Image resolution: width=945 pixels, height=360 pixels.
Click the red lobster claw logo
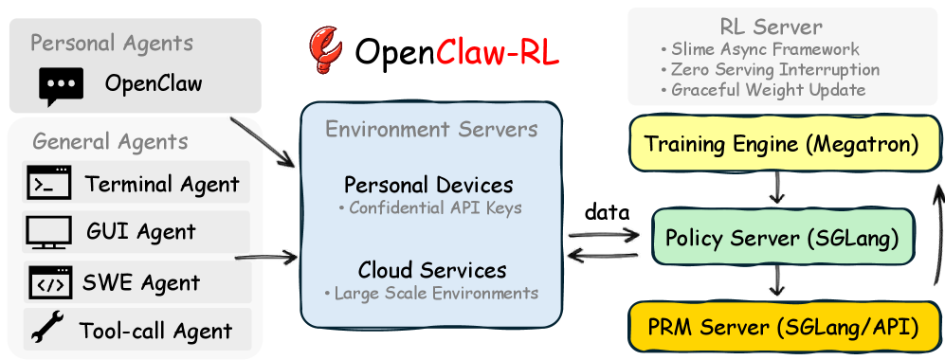pos(326,52)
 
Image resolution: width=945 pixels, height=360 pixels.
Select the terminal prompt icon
pos(48,182)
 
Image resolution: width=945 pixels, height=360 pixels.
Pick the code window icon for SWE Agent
pos(48,281)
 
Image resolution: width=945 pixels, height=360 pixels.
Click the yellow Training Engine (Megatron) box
pos(781,145)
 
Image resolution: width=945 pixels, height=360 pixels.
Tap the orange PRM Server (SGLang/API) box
pos(781,329)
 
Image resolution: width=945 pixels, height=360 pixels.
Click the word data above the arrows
pos(607,213)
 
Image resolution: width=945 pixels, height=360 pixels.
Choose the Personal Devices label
pos(428,184)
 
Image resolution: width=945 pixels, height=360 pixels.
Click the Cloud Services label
pos(432,270)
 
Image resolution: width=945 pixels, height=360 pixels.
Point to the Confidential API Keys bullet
pos(430,207)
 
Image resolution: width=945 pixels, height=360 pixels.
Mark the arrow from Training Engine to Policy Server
pos(776,189)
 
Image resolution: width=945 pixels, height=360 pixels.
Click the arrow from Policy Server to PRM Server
pos(776,281)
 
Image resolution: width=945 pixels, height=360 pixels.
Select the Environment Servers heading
pos(431,129)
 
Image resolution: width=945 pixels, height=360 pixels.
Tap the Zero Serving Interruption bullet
pos(770,70)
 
